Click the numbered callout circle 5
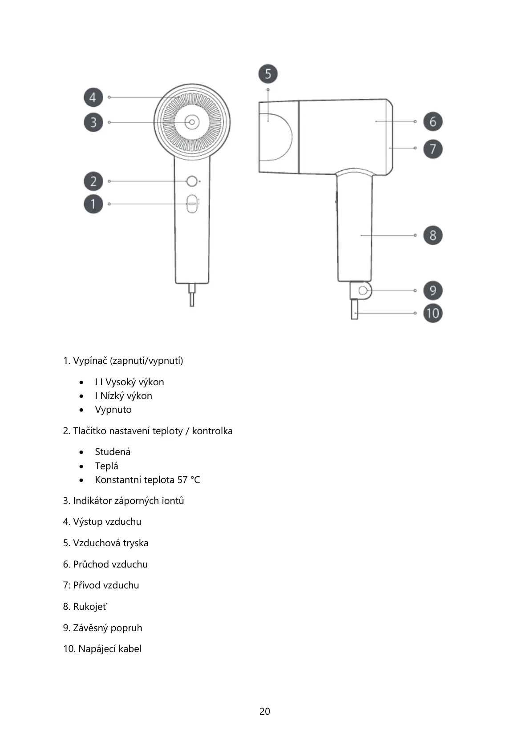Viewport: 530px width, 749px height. tap(268, 74)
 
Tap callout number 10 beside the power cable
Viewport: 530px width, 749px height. tap(433, 313)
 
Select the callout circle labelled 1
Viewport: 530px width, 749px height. tap(93, 204)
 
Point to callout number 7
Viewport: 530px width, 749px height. tap(433, 149)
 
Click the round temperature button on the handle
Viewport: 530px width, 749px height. tap(192, 181)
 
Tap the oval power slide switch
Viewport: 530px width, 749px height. tap(192, 204)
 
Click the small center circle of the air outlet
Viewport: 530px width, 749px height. tap(192, 122)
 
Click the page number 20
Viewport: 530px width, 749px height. tap(265, 711)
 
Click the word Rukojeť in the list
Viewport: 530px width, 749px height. tap(90, 607)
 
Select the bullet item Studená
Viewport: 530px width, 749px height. tap(113, 452)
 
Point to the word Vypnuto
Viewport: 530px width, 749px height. tap(113, 410)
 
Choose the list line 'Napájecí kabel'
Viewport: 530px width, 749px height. tap(109, 649)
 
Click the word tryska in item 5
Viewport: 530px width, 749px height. tap(136, 543)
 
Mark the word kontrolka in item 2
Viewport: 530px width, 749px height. tap(212, 431)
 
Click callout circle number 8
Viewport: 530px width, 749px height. tap(433, 235)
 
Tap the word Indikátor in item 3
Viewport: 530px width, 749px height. tap(92, 501)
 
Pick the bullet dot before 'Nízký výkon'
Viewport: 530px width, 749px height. tap(81, 396)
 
